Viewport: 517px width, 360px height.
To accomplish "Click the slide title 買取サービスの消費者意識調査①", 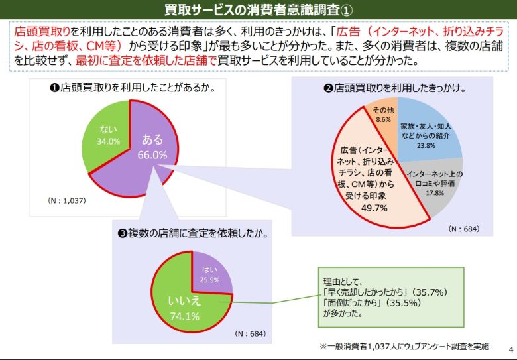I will point(258,9).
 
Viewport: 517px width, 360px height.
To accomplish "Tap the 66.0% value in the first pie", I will point(152,154).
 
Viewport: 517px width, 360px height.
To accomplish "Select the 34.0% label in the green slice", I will point(109,141).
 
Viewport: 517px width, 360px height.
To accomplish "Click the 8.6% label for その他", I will point(383,120).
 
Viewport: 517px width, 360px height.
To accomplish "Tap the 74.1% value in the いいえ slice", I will point(184,316).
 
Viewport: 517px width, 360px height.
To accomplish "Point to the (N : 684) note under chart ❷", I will point(463,229).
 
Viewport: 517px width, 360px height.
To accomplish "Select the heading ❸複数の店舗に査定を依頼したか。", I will point(193,233).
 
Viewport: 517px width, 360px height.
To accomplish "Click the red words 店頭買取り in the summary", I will point(42,31).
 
